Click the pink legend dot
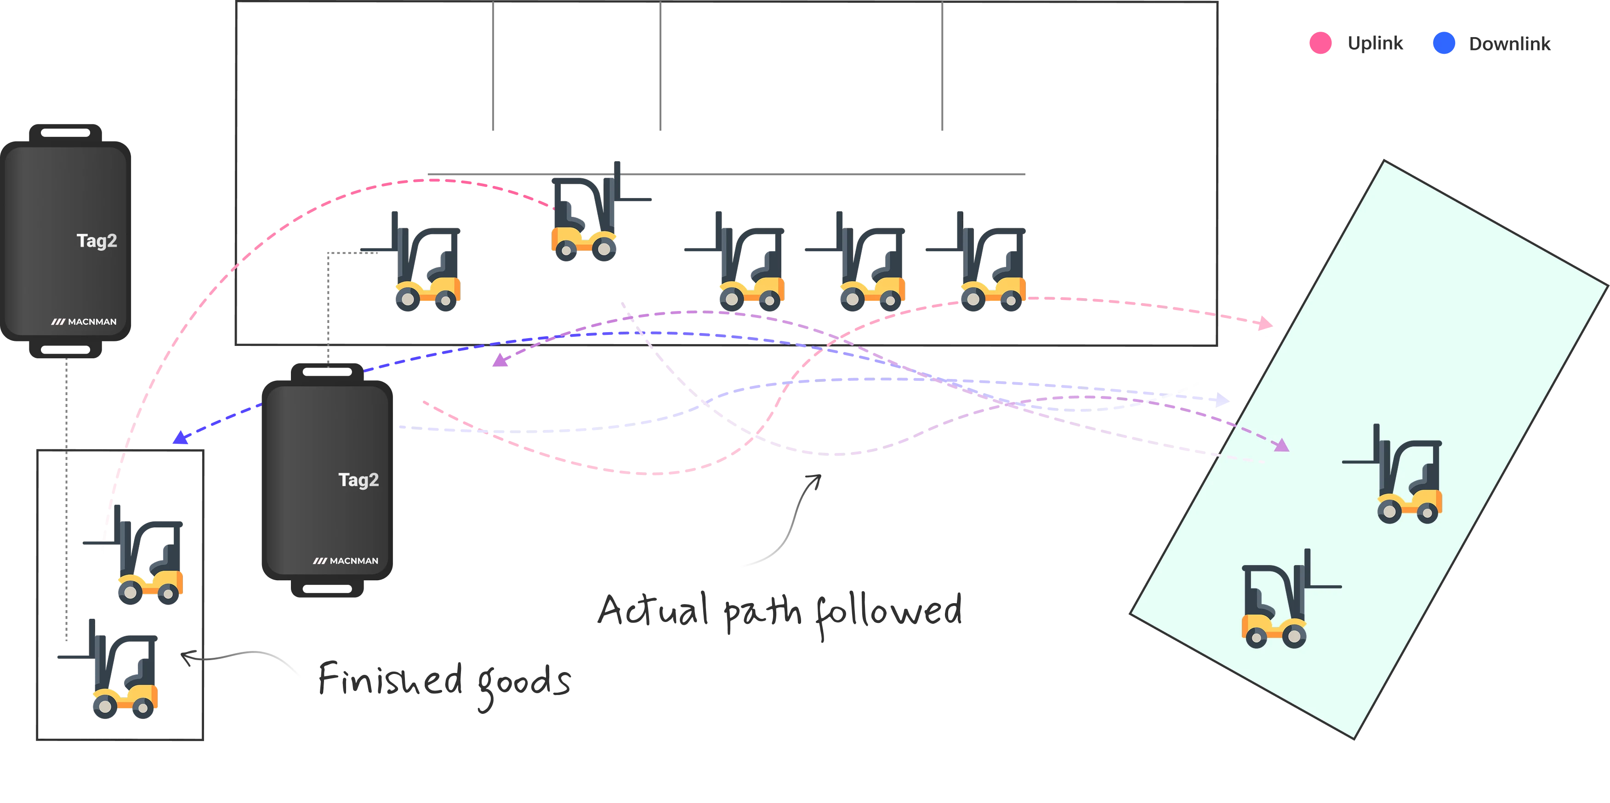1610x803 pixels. click(1320, 43)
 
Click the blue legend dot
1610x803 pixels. click(1443, 43)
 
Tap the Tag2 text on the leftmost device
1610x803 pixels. click(97, 241)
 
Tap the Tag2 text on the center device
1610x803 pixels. click(358, 480)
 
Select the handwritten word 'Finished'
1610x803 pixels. click(391, 679)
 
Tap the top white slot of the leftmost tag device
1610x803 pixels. click(66, 132)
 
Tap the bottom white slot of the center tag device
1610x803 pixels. click(327, 588)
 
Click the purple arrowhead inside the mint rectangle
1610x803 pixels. click(1281, 445)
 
